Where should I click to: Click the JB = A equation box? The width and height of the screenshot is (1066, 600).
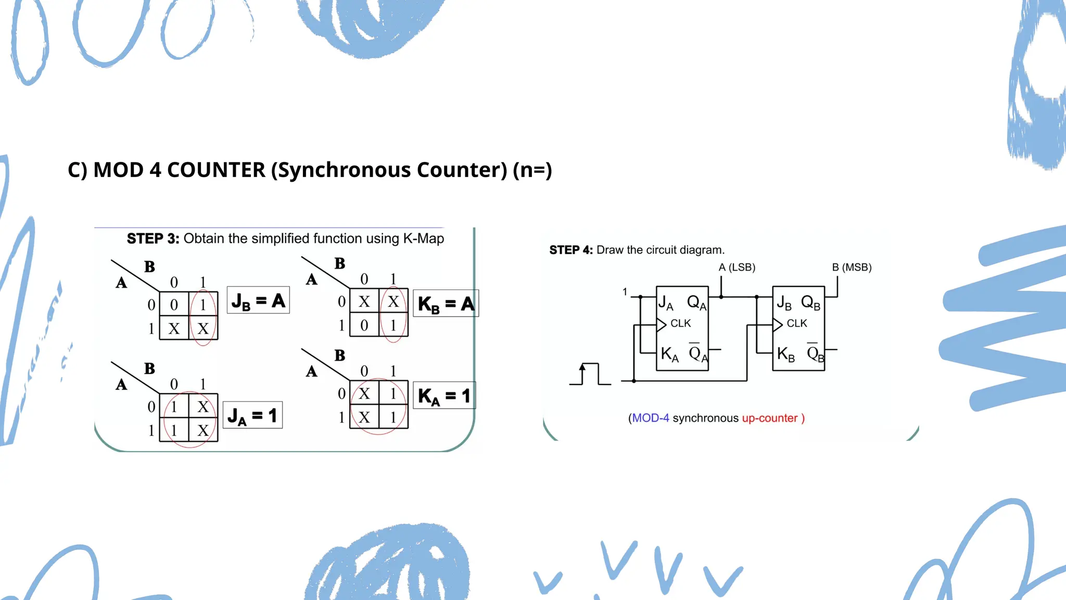(258, 301)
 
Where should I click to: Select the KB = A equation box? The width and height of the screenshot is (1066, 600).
(446, 304)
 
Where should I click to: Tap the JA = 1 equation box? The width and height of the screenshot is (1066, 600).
(252, 415)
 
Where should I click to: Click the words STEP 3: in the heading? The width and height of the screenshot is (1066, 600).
(153, 239)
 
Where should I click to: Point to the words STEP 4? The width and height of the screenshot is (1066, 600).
(571, 250)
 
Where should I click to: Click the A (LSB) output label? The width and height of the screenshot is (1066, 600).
(737, 267)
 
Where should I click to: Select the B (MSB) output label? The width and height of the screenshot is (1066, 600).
(852, 267)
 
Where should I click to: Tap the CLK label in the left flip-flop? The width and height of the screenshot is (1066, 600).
(680, 323)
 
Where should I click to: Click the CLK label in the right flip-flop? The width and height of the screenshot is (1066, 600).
(796, 323)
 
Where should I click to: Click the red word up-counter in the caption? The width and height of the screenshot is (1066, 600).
(769, 418)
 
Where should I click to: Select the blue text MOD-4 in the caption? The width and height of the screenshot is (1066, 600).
(650, 418)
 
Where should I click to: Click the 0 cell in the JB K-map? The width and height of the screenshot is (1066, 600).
(174, 305)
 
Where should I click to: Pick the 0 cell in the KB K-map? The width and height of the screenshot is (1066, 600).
(364, 325)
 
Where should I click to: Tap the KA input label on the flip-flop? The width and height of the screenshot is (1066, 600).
(669, 354)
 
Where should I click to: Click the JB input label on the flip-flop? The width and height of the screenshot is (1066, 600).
(784, 303)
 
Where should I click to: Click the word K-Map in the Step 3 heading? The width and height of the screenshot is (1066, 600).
(423, 239)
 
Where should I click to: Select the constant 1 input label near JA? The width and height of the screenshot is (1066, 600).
(625, 292)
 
